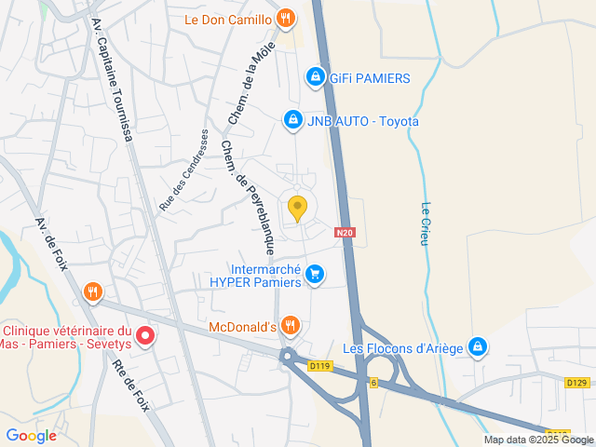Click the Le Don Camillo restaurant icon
click(x=287, y=18)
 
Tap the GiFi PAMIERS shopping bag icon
click(x=316, y=77)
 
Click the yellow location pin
click(x=298, y=209)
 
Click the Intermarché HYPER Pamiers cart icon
click(x=315, y=274)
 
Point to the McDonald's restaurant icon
click(x=291, y=325)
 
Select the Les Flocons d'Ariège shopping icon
click(x=478, y=346)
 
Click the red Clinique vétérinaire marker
click(x=145, y=336)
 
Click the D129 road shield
click(x=576, y=383)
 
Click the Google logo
click(x=31, y=435)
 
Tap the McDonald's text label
click(x=242, y=327)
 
